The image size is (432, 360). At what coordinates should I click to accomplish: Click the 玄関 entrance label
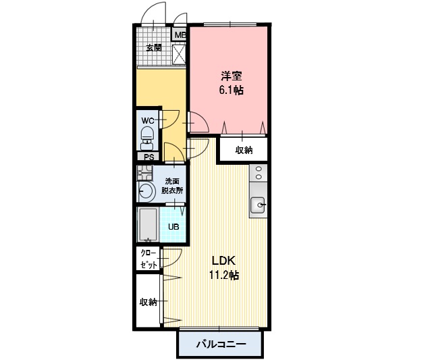[x=154, y=48]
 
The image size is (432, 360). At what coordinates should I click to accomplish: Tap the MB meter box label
[x=180, y=35]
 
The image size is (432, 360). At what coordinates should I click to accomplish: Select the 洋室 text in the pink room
[x=232, y=76]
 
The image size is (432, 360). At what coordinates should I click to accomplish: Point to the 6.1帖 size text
[x=231, y=90]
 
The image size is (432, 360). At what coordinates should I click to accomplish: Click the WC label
[x=148, y=120]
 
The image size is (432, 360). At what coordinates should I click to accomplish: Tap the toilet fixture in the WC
[x=148, y=138]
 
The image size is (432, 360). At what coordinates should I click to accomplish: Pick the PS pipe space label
[x=149, y=157]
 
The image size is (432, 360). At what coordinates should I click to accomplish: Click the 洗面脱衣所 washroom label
[x=172, y=186]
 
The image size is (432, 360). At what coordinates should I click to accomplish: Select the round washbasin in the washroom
[x=146, y=190]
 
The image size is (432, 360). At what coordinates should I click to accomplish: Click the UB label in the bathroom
[x=173, y=227]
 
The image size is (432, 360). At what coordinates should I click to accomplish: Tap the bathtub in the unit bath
[x=148, y=224]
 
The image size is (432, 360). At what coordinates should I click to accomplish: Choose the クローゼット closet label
[x=149, y=259]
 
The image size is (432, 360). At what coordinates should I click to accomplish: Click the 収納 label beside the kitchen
[x=244, y=150]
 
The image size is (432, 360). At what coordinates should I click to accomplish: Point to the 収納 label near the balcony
[x=148, y=302]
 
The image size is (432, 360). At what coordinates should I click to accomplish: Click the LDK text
[x=223, y=261]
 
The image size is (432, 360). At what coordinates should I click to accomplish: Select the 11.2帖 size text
[x=224, y=275]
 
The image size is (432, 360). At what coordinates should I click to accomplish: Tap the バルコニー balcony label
[x=221, y=344]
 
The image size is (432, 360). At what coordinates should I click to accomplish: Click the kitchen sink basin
[x=258, y=205]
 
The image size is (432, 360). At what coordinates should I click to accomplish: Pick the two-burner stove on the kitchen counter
[x=259, y=173]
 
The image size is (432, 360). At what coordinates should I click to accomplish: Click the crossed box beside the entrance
[x=178, y=54]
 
